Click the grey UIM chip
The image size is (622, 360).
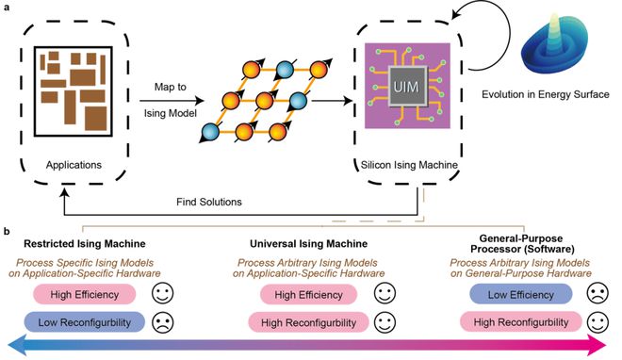(x=407, y=87)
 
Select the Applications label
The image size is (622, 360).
(x=74, y=165)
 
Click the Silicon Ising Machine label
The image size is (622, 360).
(x=409, y=165)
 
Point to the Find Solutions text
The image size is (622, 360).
(x=209, y=202)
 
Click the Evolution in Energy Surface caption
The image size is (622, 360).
(x=546, y=94)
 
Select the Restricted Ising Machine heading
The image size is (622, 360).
(x=85, y=243)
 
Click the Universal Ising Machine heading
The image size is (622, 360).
(x=308, y=243)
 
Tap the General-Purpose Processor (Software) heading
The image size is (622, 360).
(x=522, y=244)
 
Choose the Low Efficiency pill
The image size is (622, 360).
(x=521, y=295)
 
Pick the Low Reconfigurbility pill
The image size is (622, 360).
(x=85, y=322)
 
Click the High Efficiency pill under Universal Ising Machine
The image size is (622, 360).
(x=308, y=295)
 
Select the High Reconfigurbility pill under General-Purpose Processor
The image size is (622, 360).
(x=521, y=322)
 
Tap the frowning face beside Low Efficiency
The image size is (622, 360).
(x=597, y=294)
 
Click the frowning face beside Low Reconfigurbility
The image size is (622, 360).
(x=163, y=322)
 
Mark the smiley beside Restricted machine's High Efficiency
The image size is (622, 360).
(x=163, y=294)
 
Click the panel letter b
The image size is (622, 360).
(x=7, y=231)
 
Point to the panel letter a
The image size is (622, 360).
(x=6, y=8)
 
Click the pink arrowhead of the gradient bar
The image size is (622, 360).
(x=598, y=345)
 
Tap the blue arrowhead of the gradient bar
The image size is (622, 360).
(x=17, y=345)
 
